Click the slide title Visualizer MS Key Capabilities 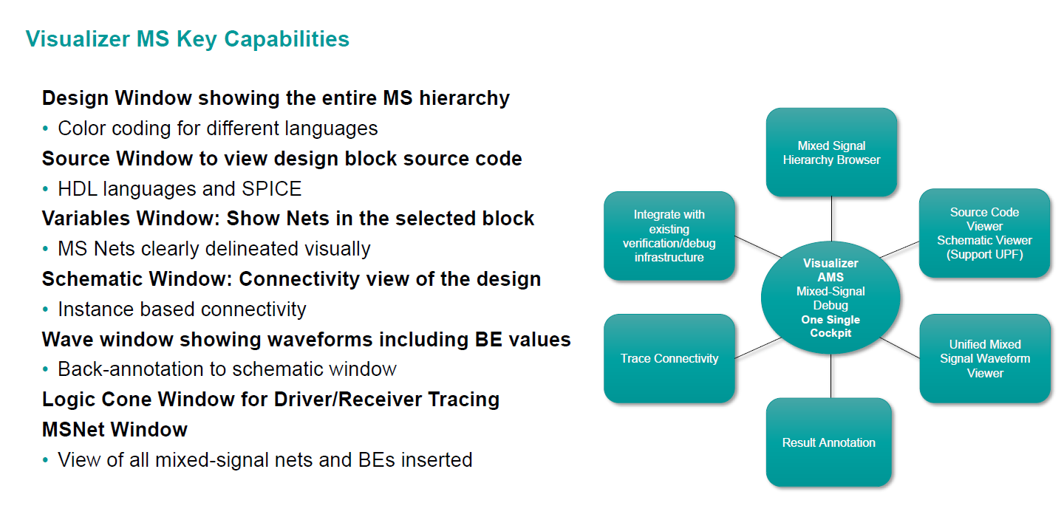click(x=187, y=38)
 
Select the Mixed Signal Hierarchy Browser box click(x=831, y=153)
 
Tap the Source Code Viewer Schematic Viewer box click(x=984, y=233)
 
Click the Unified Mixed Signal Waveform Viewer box click(x=984, y=358)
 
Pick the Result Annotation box click(x=828, y=442)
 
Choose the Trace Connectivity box click(x=669, y=358)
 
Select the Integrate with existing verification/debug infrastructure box click(x=669, y=236)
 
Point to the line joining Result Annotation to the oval click(x=831, y=376)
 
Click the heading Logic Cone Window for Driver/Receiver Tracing click(x=270, y=400)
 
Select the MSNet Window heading click(x=115, y=430)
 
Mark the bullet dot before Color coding click(x=46, y=129)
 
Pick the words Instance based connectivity click(x=182, y=309)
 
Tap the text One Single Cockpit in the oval click(x=831, y=326)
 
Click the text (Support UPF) click(x=984, y=255)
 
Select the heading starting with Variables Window click(x=287, y=219)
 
